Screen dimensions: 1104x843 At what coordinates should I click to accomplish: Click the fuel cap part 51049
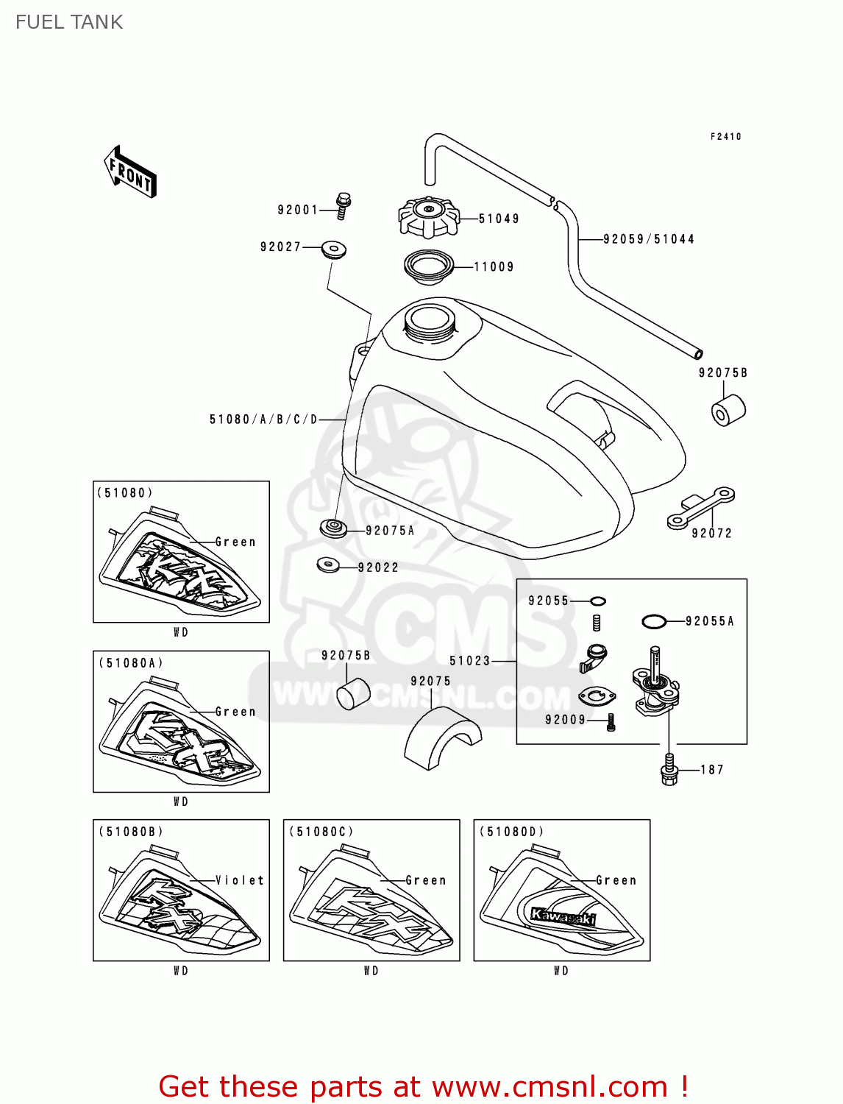click(429, 216)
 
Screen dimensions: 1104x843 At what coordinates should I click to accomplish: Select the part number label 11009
click(494, 267)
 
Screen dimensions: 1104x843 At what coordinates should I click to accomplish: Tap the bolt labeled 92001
click(343, 205)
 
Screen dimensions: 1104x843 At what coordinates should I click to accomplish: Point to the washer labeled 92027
click(334, 248)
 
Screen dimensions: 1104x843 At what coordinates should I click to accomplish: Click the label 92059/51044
click(648, 239)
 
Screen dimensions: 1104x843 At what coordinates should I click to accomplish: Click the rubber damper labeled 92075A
click(333, 528)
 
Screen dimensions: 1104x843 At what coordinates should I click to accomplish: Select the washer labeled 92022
click(327, 565)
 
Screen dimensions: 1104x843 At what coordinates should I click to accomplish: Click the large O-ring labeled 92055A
click(653, 622)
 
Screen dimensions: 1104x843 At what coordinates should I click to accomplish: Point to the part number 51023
click(469, 661)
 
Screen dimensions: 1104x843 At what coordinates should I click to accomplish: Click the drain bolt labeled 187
click(669, 769)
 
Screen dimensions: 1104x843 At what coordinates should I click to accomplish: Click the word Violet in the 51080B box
click(240, 880)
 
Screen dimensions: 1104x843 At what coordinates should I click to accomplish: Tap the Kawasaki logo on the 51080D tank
click(563, 916)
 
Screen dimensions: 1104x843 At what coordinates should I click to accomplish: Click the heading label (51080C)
click(321, 832)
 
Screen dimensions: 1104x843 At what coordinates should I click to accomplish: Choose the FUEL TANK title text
click(69, 22)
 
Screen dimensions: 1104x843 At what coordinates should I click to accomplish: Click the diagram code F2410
click(725, 136)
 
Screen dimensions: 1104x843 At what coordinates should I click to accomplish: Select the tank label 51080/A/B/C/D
click(263, 420)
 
